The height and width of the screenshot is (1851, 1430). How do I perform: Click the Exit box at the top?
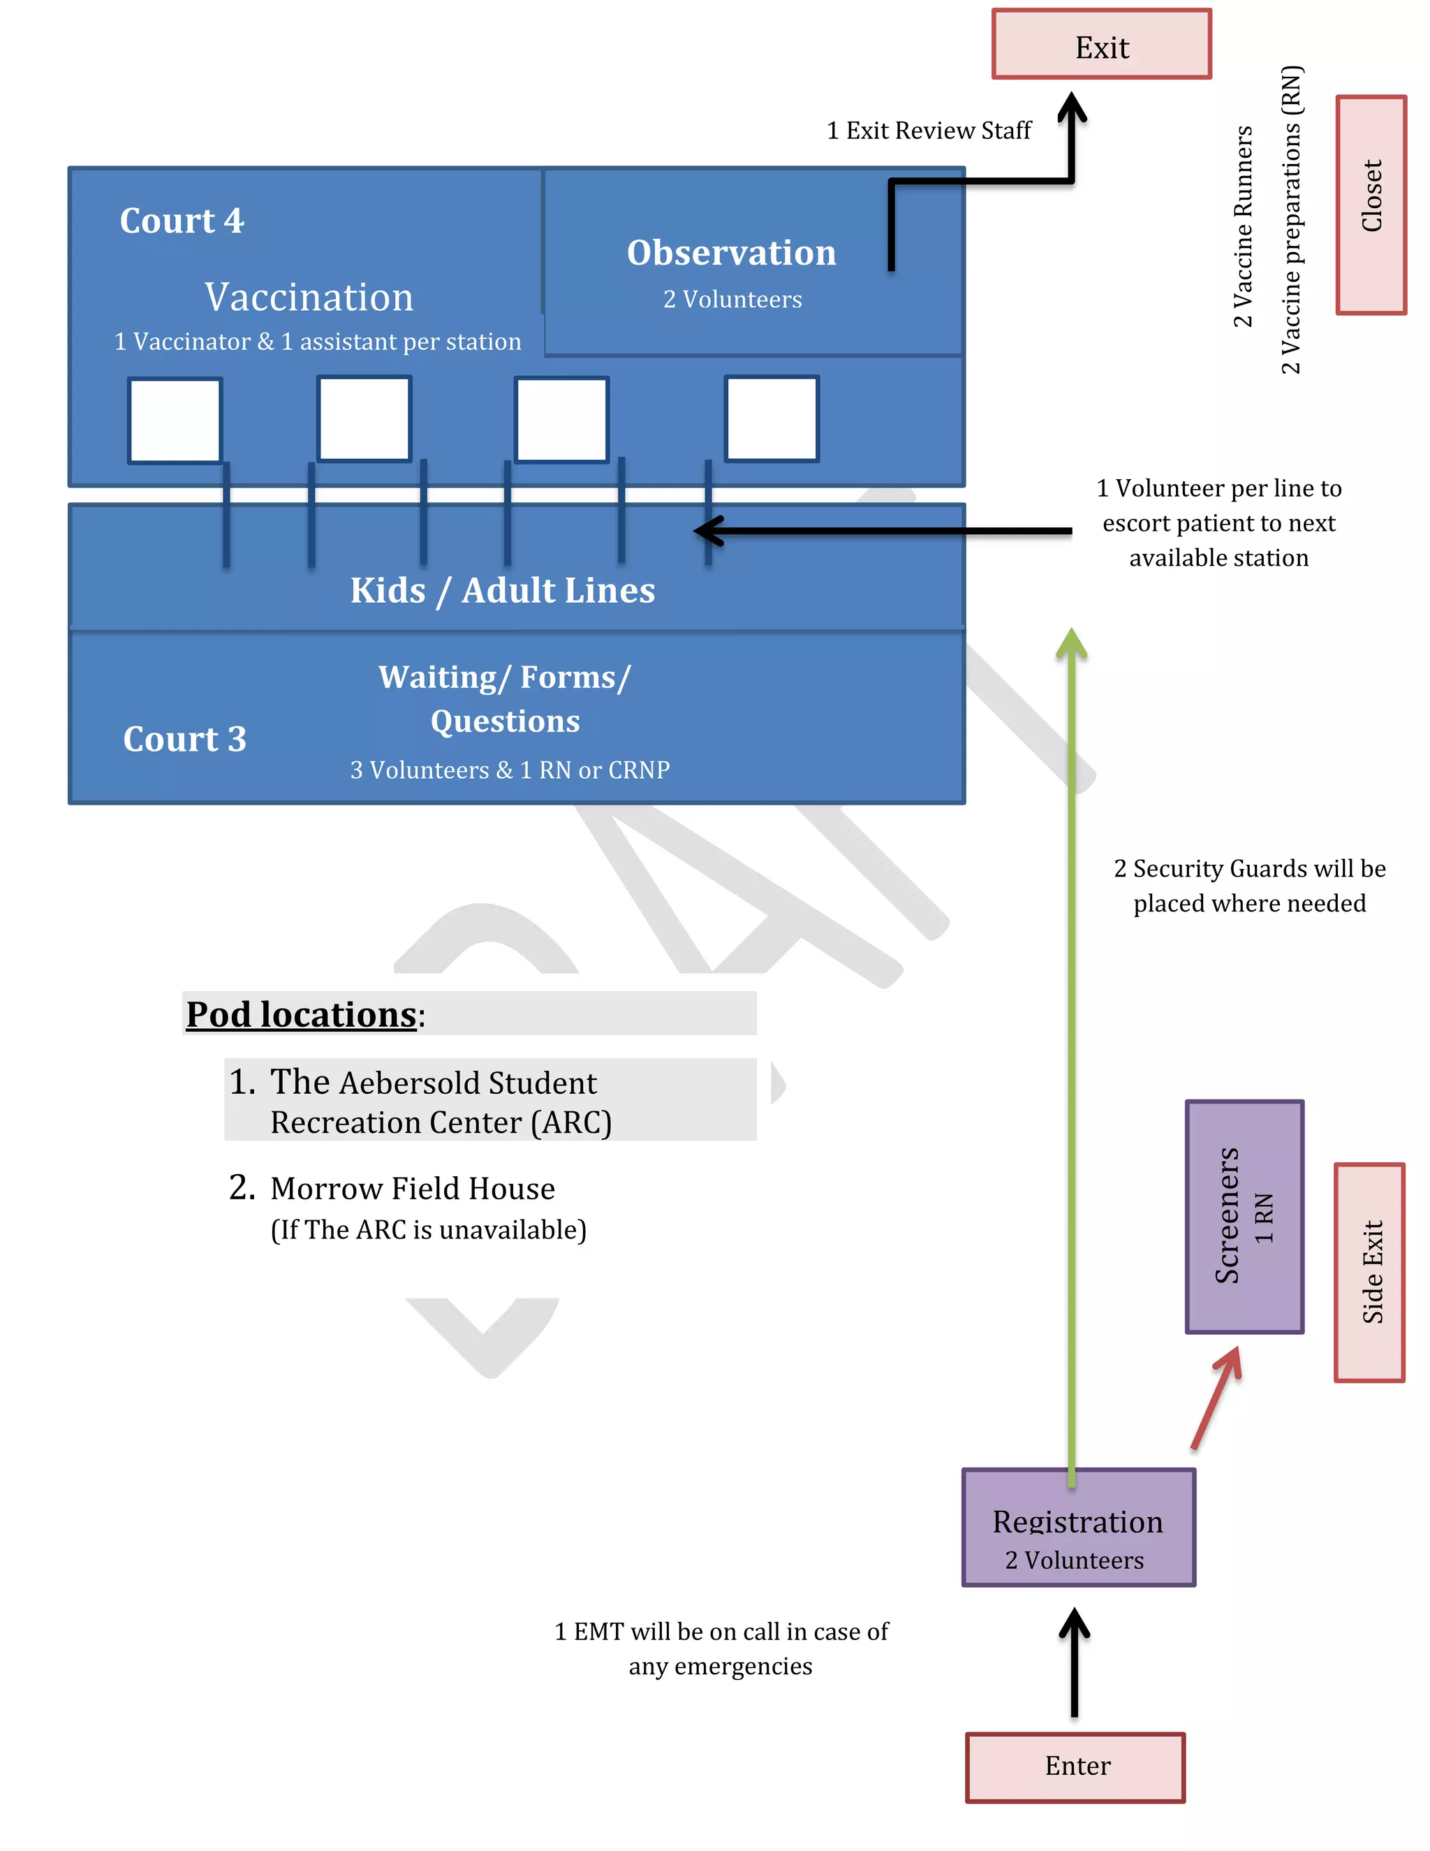(x=1100, y=45)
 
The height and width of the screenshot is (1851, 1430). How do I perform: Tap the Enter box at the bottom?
(x=1075, y=1766)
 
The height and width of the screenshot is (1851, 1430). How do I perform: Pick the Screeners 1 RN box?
(x=1243, y=1215)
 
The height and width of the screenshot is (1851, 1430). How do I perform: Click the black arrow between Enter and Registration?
(x=1073, y=1663)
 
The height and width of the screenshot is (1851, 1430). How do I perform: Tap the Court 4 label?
(x=182, y=221)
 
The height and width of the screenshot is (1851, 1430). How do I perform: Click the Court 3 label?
(x=184, y=739)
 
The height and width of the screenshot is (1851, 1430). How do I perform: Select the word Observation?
(x=731, y=253)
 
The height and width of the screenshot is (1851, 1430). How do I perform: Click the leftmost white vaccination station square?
(x=175, y=420)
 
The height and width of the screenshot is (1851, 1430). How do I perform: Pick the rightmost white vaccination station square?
(x=771, y=418)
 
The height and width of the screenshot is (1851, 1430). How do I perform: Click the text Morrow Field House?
(x=413, y=1188)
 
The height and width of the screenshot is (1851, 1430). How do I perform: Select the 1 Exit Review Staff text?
(x=929, y=131)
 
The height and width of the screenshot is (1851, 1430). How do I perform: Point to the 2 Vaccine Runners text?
(x=1242, y=227)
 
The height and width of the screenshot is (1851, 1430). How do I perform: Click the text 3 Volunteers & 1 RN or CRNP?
(x=510, y=770)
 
